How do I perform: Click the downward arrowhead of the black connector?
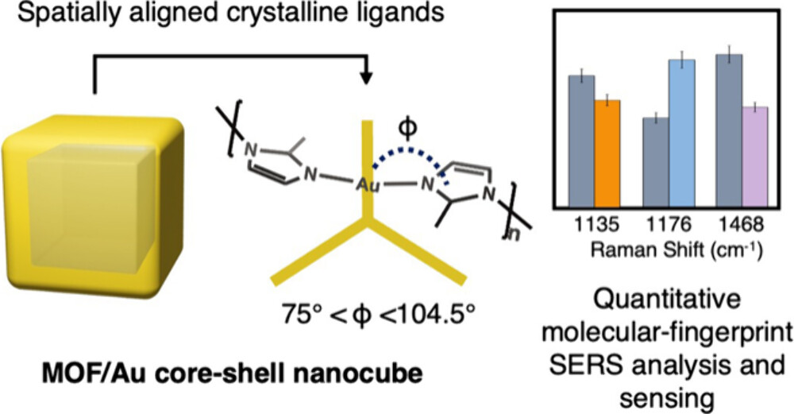pyautogui.click(x=366, y=79)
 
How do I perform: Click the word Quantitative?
pyautogui.click(x=674, y=303)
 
